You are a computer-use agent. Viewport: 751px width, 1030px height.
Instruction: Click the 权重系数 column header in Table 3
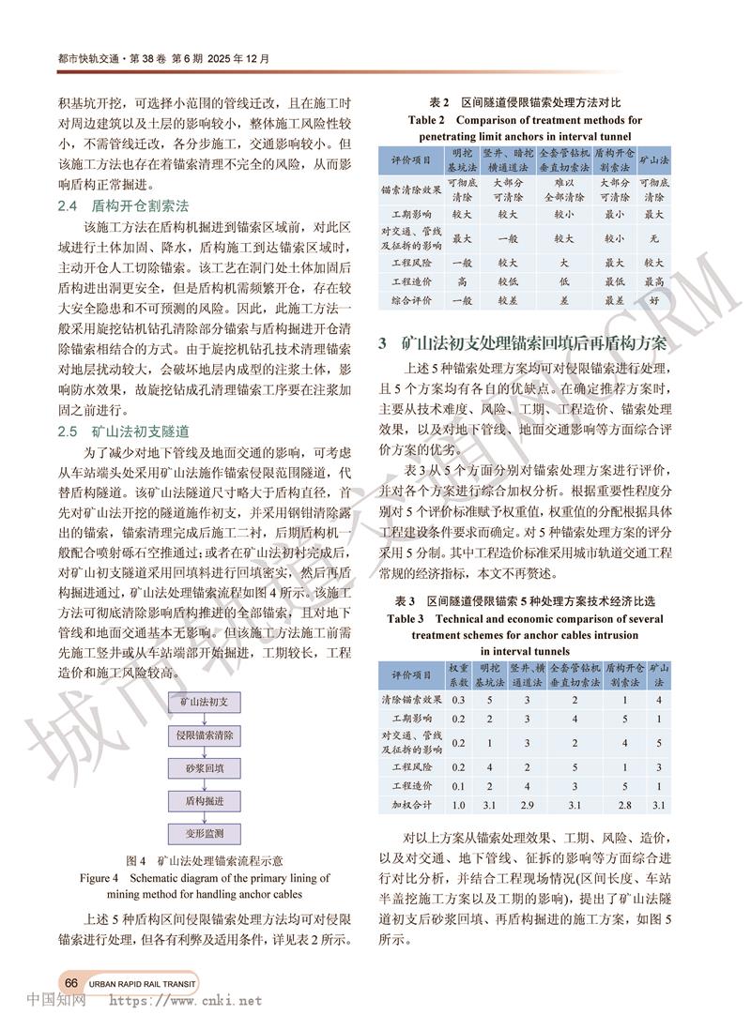tap(458, 674)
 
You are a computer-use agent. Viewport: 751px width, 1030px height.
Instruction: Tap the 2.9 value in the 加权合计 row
tap(528, 805)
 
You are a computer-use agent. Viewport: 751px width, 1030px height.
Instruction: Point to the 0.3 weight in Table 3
tap(458, 700)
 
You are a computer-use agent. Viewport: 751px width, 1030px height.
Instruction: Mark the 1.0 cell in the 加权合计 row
tap(458, 805)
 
